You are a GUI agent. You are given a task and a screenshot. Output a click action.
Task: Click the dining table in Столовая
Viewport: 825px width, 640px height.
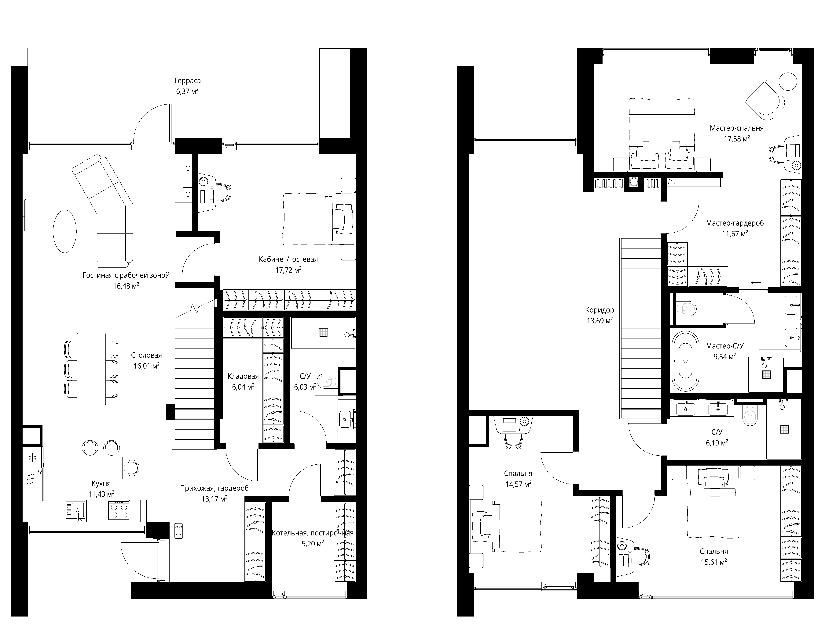[91, 369]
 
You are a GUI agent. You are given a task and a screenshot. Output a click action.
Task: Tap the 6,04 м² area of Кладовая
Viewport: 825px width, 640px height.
[243, 387]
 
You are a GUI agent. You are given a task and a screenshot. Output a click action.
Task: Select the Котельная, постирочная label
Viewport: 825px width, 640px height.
[313, 533]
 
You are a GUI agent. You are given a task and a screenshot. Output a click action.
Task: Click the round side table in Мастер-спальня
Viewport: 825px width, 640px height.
[788, 81]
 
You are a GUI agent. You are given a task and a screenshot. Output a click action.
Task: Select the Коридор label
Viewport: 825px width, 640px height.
[599, 310]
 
